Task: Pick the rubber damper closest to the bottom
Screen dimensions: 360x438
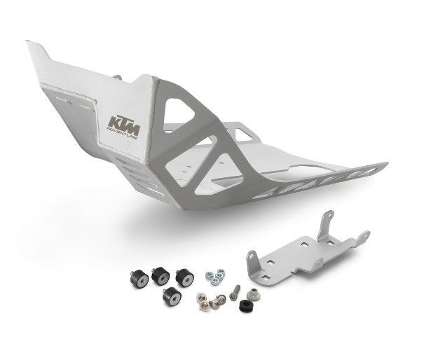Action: tap(170, 296)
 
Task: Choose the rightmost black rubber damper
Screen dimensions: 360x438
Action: tap(185, 274)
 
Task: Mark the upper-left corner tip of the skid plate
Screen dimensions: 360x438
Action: tap(29, 43)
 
